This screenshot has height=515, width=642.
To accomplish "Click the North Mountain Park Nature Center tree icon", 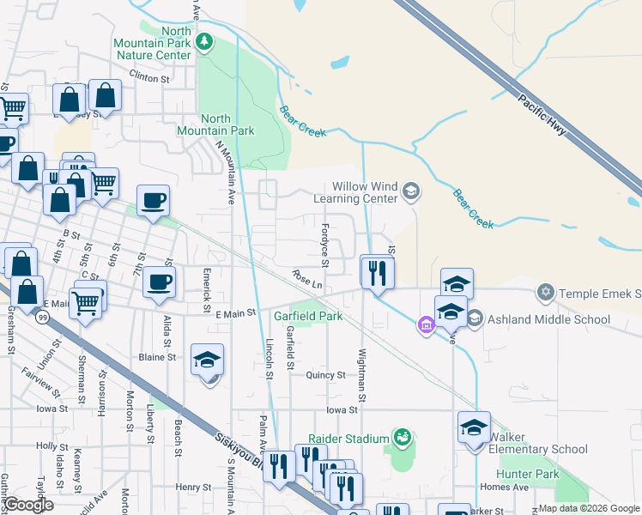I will pyautogui.click(x=204, y=42).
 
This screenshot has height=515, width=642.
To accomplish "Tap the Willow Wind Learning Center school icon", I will pyautogui.click(x=411, y=191).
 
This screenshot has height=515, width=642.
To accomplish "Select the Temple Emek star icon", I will pyautogui.click(x=544, y=294).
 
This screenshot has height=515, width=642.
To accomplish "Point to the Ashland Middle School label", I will pyautogui.click(x=548, y=320).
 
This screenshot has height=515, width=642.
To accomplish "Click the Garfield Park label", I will pyautogui.click(x=308, y=316).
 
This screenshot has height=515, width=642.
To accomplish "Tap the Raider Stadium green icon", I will pyautogui.click(x=401, y=438).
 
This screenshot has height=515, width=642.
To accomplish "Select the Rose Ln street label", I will pyautogui.click(x=306, y=280).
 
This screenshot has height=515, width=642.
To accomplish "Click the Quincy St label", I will pyautogui.click(x=327, y=375).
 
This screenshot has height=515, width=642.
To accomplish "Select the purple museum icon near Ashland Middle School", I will pyautogui.click(x=425, y=324).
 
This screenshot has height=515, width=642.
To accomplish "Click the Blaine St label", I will pyautogui.click(x=157, y=356).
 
